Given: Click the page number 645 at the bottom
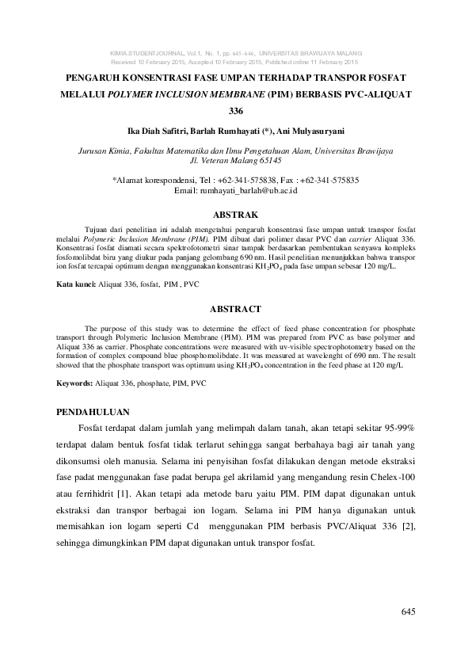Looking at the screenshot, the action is pos(408,612).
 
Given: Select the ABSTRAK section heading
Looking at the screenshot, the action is pos(236,214).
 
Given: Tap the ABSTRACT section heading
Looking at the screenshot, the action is pos(236,309).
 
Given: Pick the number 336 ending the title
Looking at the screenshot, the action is pos(236,111).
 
